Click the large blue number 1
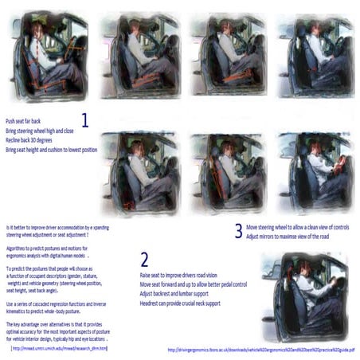coord(85,122)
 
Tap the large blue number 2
coord(143,260)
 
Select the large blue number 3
coord(238,231)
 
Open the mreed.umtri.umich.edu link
coord(60,347)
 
